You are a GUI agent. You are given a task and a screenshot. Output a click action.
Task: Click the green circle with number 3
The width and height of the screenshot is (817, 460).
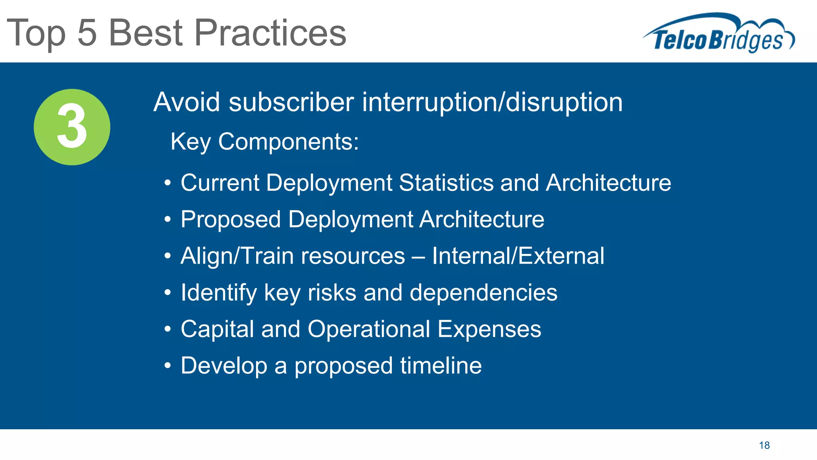72,127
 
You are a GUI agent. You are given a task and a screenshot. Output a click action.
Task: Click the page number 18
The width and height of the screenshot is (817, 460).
764,445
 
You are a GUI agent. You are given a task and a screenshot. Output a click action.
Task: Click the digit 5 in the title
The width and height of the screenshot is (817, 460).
87,33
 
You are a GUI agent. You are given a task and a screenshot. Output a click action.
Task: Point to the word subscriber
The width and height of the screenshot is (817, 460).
291,102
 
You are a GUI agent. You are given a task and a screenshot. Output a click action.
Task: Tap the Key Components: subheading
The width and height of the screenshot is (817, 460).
264,141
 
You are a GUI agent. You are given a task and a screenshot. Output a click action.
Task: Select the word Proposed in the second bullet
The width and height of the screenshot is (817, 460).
231,220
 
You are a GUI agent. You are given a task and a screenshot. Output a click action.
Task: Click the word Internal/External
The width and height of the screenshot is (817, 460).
518,256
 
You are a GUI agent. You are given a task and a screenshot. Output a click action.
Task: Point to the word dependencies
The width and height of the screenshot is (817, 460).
483,293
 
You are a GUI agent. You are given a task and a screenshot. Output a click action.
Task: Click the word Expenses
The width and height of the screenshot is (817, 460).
489,329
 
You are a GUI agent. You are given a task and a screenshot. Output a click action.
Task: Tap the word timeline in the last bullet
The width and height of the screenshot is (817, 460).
441,366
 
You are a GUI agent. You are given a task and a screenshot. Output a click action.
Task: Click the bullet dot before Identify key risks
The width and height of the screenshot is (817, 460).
168,293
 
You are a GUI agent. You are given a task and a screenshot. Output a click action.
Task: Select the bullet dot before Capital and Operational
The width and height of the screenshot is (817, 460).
168,330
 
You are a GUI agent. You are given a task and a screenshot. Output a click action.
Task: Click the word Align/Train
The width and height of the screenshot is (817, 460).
238,256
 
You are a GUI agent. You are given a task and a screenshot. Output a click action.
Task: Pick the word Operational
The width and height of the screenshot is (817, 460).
369,329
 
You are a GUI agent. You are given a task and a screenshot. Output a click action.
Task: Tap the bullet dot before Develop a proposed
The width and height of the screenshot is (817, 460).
168,366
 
